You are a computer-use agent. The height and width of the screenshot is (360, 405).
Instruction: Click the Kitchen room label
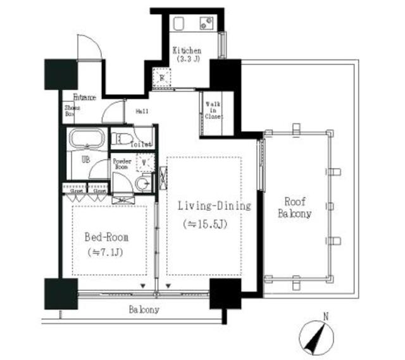click(x=187, y=51)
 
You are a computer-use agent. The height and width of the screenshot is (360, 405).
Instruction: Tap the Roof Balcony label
click(x=294, y=208)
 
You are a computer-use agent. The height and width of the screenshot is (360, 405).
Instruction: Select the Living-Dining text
click(x=214, y=206)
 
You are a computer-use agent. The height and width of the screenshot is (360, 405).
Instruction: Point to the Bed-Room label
click(x=106, y=237)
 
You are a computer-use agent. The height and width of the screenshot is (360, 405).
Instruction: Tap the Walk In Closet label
click(x=213, y=109)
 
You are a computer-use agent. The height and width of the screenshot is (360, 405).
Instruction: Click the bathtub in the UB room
click(x=86, y=138)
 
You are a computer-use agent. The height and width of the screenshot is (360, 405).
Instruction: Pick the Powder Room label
click(x=122, y=164)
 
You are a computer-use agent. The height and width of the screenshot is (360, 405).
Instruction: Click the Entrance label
click(x=84, y=97)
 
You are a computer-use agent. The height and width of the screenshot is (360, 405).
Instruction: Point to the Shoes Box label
click(x=70, y=111)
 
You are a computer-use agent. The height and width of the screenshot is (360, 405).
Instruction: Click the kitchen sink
click(x=206, y=25)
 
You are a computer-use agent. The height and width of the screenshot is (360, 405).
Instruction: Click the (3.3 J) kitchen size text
click(x=187, y=61)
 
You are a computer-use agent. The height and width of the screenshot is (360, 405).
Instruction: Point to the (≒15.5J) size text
click(x=213, y=225)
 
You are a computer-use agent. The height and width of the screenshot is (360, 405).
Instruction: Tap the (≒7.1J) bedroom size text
click(x=106, y=252)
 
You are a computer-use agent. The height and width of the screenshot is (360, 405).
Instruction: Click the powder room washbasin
click(x=144, y=183)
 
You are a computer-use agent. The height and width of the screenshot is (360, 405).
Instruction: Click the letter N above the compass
click(x=325, y=315)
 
